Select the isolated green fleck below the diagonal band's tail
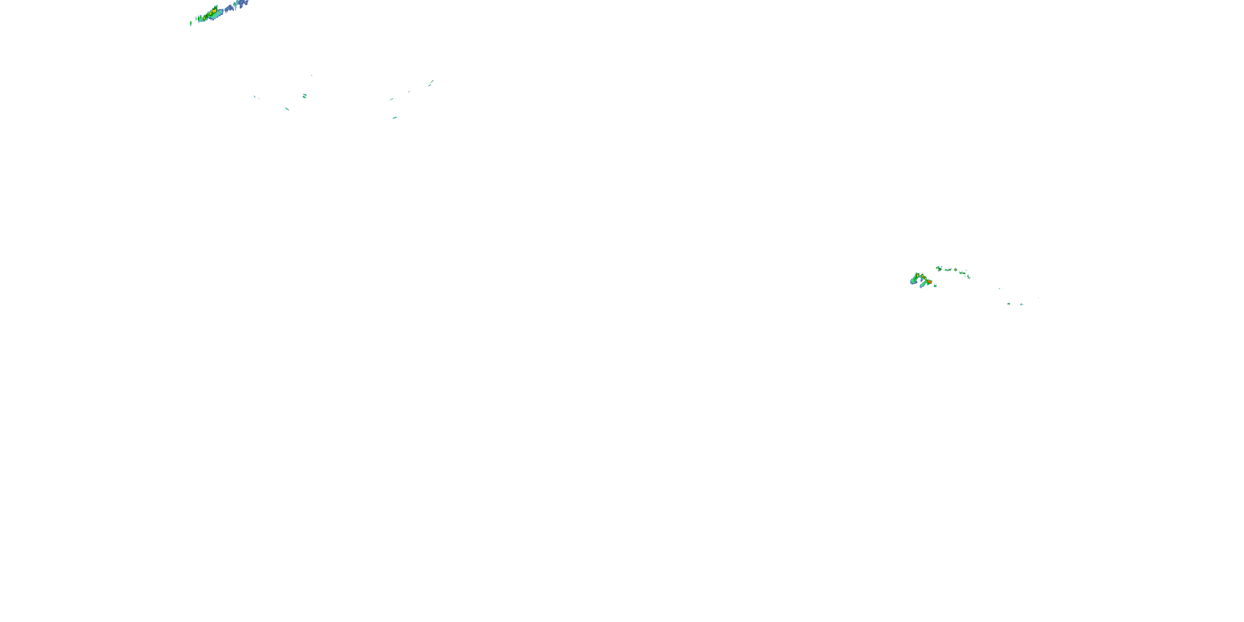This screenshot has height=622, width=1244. pos(191,23)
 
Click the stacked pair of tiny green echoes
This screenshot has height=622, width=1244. pos(304,96)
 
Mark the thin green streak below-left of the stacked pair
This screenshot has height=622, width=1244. pos(287,109)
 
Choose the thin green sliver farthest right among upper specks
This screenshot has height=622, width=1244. pos(431,83)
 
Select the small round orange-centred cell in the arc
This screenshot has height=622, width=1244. pos(955,270)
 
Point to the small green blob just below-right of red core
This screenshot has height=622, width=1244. pos(935,286)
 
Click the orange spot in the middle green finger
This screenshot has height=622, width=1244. pos(923,277)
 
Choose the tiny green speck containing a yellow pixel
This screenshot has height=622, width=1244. pos(1008,304)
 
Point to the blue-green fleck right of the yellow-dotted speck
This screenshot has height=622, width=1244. pos(1022,304)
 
